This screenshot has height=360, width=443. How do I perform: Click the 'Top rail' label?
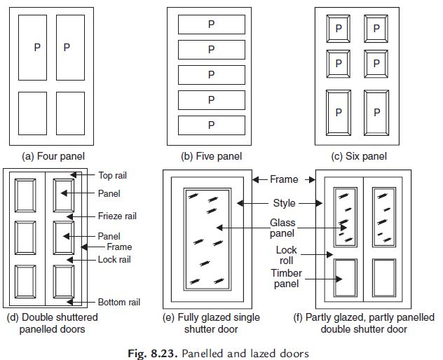click(113, 175)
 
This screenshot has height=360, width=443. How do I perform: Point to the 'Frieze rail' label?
click(118, 216)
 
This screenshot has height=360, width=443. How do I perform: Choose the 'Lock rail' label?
click(114, 259)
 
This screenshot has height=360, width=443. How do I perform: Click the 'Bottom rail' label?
click(119, 302)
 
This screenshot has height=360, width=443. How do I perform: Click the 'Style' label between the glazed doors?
click(284, 204)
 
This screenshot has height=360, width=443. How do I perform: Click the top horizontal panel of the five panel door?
click(211, 25)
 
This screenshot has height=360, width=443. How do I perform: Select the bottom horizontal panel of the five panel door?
click(211, 125)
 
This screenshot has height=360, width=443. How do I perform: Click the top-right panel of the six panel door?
click(377, 29)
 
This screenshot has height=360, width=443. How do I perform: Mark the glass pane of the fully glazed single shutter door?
click(207, 239)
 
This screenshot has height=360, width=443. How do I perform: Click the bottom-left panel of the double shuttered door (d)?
click(26, 282)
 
